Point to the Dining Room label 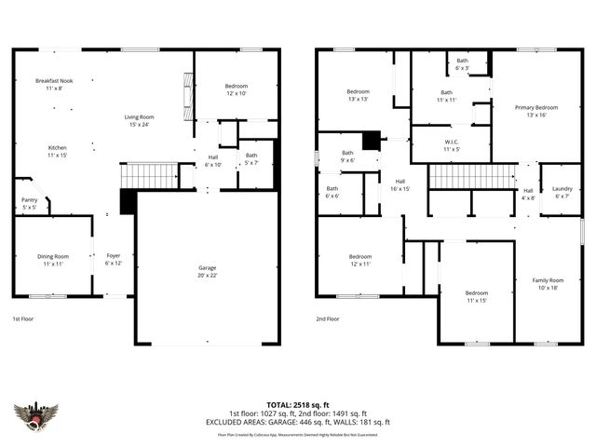(53, 260)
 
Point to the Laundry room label (562, 192)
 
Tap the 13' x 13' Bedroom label (359, 95)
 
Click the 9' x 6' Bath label (347, 156)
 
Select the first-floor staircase (150, 176)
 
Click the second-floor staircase (471, 176)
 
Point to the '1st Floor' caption (24, 318)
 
